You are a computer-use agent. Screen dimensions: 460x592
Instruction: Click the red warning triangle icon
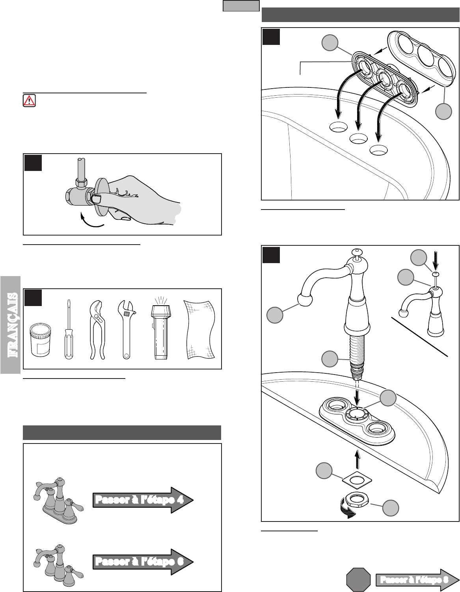[x=29, y=100]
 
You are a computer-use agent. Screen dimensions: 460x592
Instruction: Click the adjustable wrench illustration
[x=127, y=330]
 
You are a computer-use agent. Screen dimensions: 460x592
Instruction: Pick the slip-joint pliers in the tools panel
[x=97, y=330]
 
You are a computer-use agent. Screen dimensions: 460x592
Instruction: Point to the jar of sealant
[x=40, y=340]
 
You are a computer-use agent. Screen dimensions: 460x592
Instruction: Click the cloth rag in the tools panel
[x=200, y=330]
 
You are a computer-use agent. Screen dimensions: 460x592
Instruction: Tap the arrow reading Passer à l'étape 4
[x=143, y=500]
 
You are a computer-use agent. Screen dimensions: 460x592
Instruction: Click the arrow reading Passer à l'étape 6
[x=143, y=562]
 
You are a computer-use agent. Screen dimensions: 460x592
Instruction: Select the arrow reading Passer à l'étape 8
[x=417, y=580]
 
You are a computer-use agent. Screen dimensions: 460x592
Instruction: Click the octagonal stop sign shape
[x=358, y=580]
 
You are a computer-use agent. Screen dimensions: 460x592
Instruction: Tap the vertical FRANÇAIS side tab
[x=11, y=325]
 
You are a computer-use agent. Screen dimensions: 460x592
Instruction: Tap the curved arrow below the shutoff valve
[x=91, y=221]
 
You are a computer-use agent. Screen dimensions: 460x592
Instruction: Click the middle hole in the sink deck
[x=359, y=138]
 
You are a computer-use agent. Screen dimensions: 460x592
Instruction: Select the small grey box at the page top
[x=241, y=6]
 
